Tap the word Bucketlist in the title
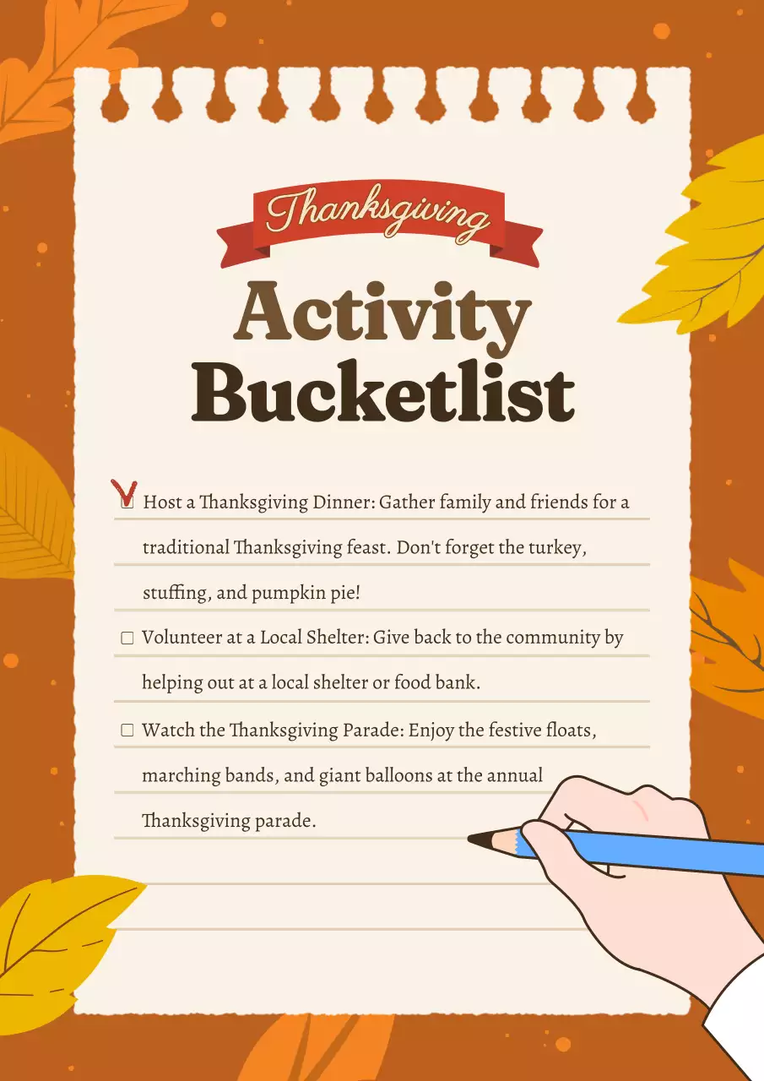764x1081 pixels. tap(382, 393)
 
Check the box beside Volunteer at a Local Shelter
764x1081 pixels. tap(127, 638)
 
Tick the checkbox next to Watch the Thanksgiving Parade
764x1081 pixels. tap(127, 731)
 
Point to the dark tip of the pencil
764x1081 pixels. tap(480, 839)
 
